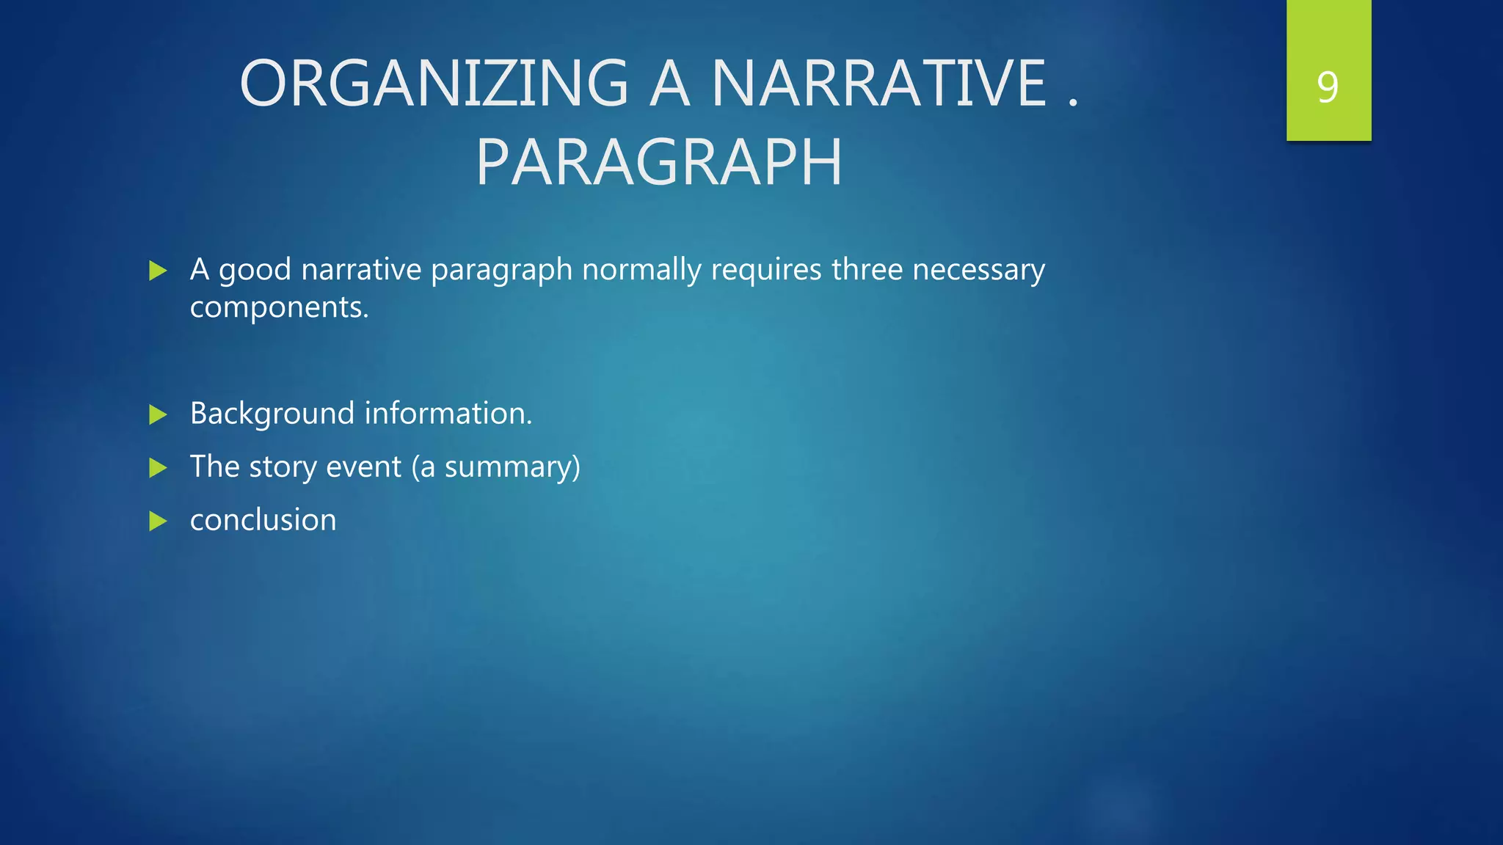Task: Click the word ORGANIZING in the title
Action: tap(434, 84)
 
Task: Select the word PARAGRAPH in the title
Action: tap(659, 163)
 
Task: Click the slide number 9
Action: tap(1328, 87)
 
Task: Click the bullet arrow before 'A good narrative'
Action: tap(158, 271)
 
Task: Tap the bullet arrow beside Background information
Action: tap(158, 414)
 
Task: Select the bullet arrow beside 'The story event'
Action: tap(158, 467)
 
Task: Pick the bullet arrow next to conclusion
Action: tap(158, 521)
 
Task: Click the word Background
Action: tap(272, 414)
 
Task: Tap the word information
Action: tap(448, 414)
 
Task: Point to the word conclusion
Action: tap(263, 520)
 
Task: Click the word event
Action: tap(363, 467)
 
